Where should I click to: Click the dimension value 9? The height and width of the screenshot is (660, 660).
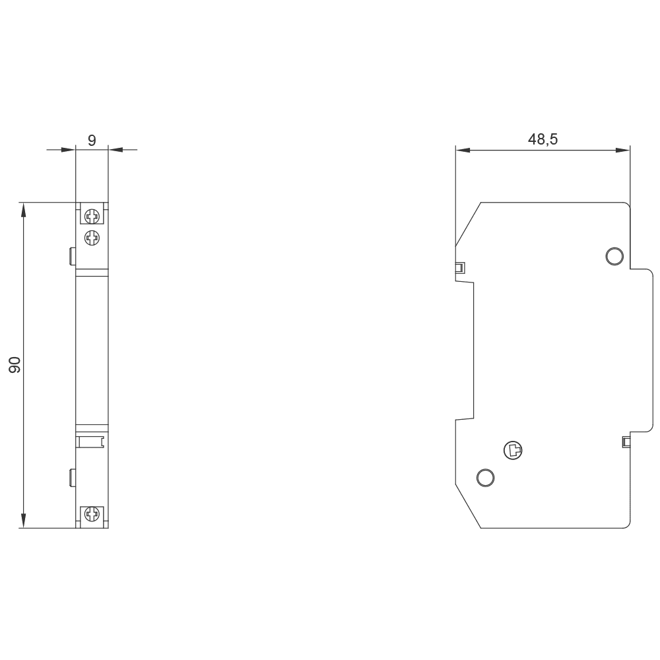tap(92, 140)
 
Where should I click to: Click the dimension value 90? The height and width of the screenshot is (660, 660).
tap(15, 365)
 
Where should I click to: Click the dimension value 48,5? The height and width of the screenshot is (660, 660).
tap(543, 139)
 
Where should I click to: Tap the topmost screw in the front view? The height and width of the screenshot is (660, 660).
tap(92, 215)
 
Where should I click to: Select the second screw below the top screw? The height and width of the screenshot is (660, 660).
tap(92, 237)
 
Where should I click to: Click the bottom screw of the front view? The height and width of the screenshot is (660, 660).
tap(92, 515)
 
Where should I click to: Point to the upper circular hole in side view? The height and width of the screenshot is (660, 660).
tap(614, 255)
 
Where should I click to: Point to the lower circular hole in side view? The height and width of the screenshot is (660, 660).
tap(485, 477)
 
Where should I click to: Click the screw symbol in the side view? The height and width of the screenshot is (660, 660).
tap(513, 451)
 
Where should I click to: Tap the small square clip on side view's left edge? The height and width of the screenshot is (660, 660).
tap(460, 268)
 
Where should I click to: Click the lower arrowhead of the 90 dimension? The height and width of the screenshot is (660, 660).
tap(24, 520)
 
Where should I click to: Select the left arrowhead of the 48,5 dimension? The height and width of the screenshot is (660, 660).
tap(463, 150)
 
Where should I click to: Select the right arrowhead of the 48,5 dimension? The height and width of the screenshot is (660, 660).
tap(622, 150)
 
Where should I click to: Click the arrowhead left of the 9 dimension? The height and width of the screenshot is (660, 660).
tap(69, 150)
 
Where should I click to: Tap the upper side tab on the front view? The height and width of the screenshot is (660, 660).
tap(73, 255)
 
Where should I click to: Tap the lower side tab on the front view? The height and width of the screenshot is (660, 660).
tap(73, 477)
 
